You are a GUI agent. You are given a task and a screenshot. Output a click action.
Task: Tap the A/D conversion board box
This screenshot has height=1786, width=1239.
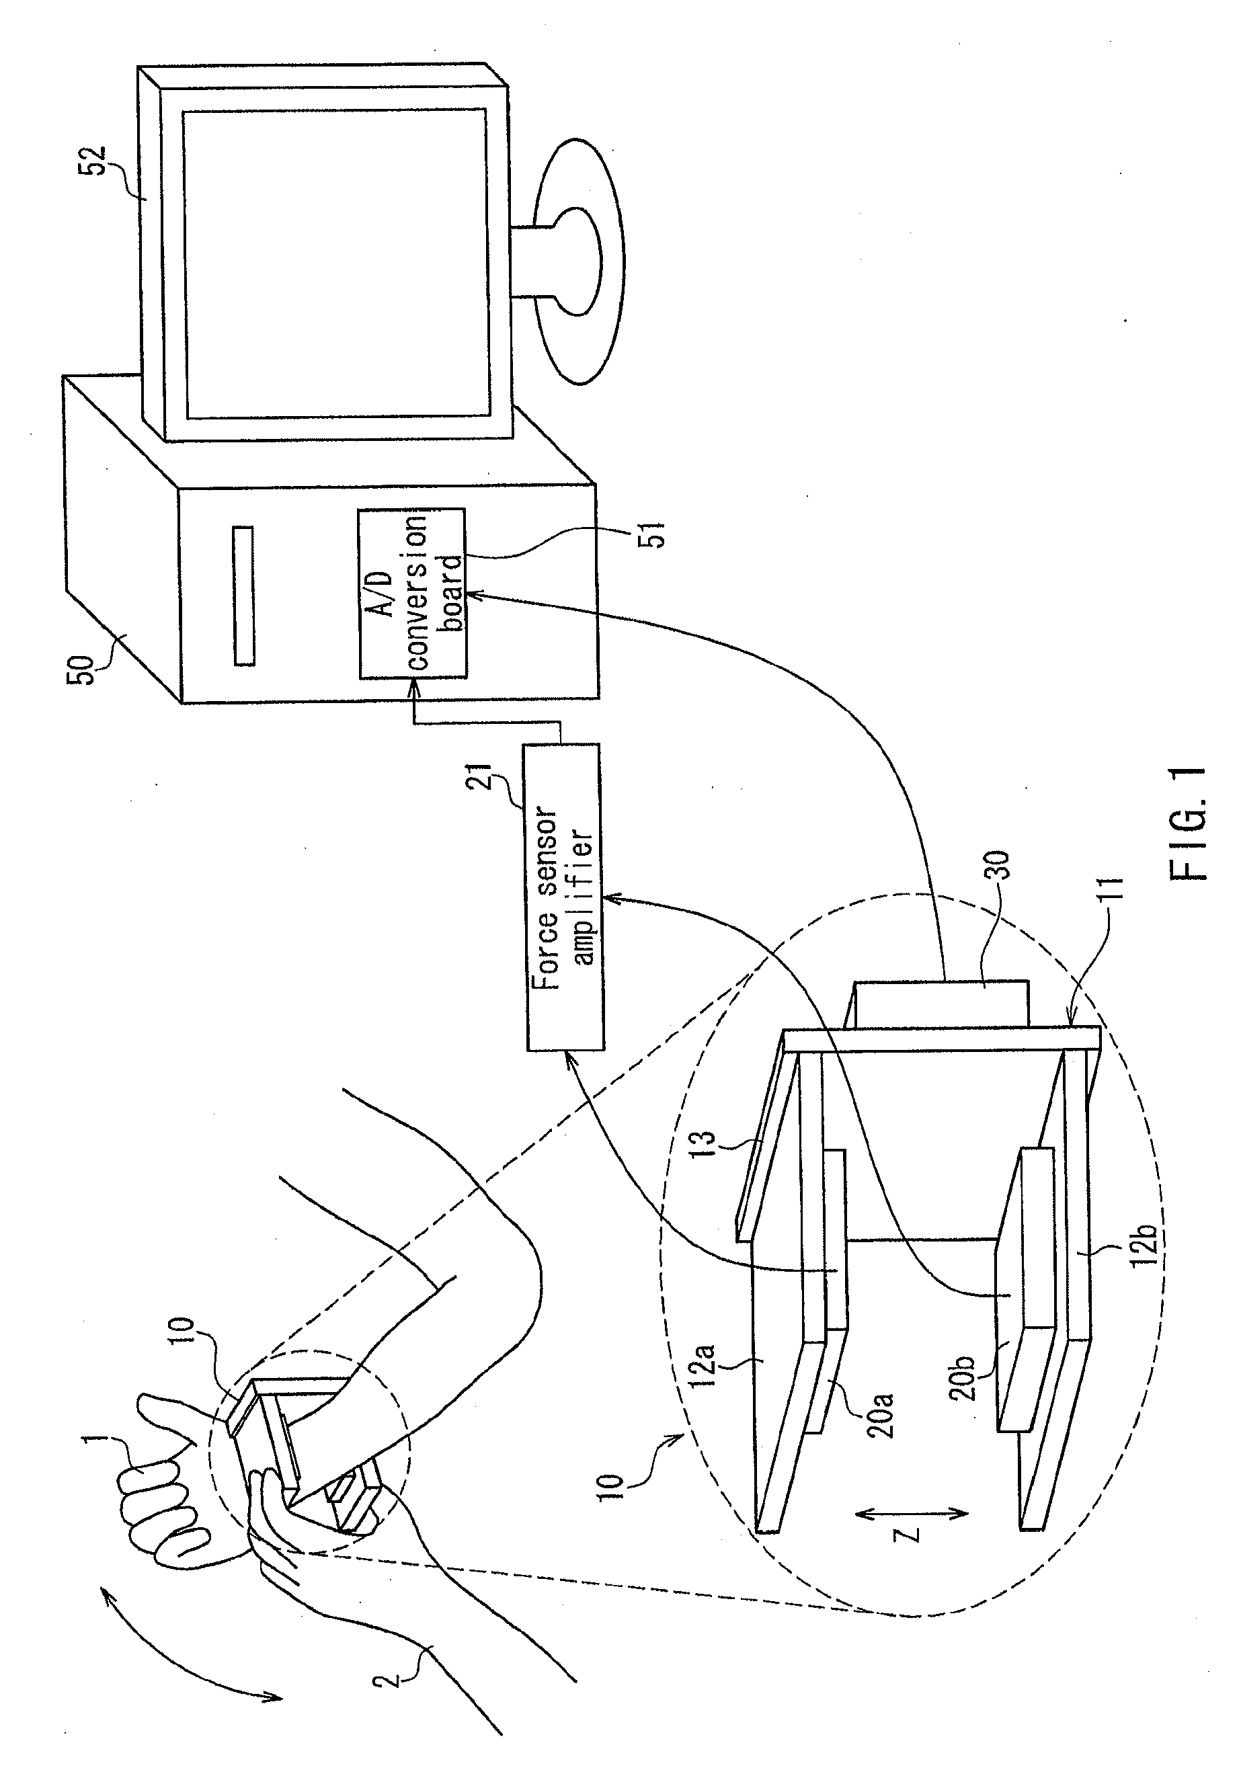point(412,594)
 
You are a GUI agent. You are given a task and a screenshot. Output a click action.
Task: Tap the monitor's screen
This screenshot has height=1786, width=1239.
point(335,264)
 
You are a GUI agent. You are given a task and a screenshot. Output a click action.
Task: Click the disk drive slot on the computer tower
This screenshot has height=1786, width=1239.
point(244,596)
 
